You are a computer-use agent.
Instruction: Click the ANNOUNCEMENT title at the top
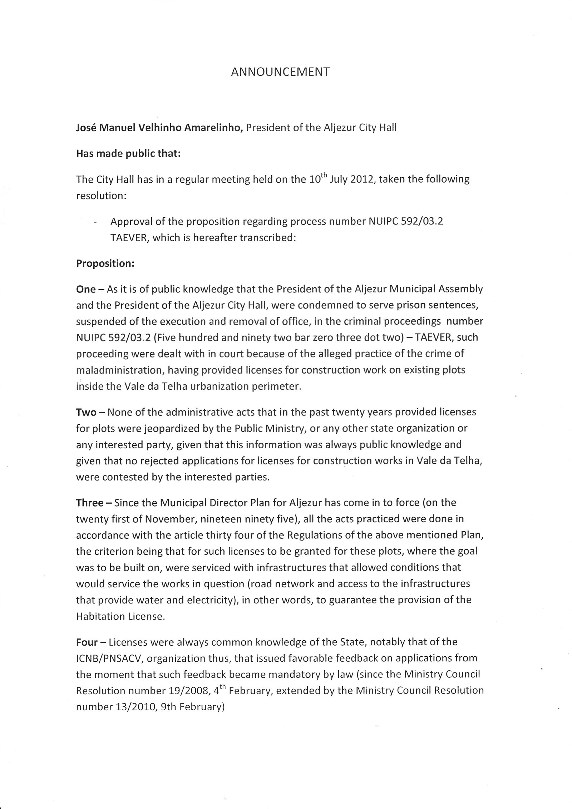[280, 72]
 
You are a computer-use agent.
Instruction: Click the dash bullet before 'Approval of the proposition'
[95, 222]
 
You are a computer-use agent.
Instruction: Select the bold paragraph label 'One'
[86, 289]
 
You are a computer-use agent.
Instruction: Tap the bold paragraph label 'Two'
[86, 413]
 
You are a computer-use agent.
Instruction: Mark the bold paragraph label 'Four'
[87, 642]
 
